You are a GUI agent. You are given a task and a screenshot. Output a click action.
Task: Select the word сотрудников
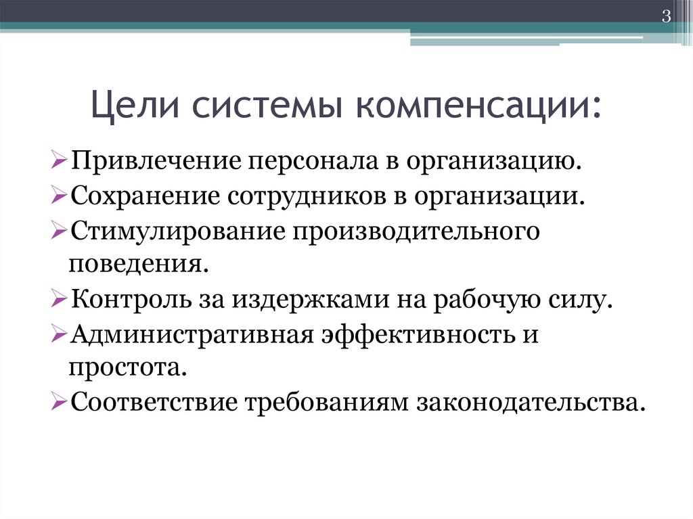point(307,198)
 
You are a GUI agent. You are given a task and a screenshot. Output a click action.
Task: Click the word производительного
point(416,232)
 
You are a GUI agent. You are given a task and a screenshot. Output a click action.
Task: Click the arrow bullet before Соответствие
point(58,403)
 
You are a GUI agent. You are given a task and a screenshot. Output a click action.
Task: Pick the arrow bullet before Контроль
point(58,299)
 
